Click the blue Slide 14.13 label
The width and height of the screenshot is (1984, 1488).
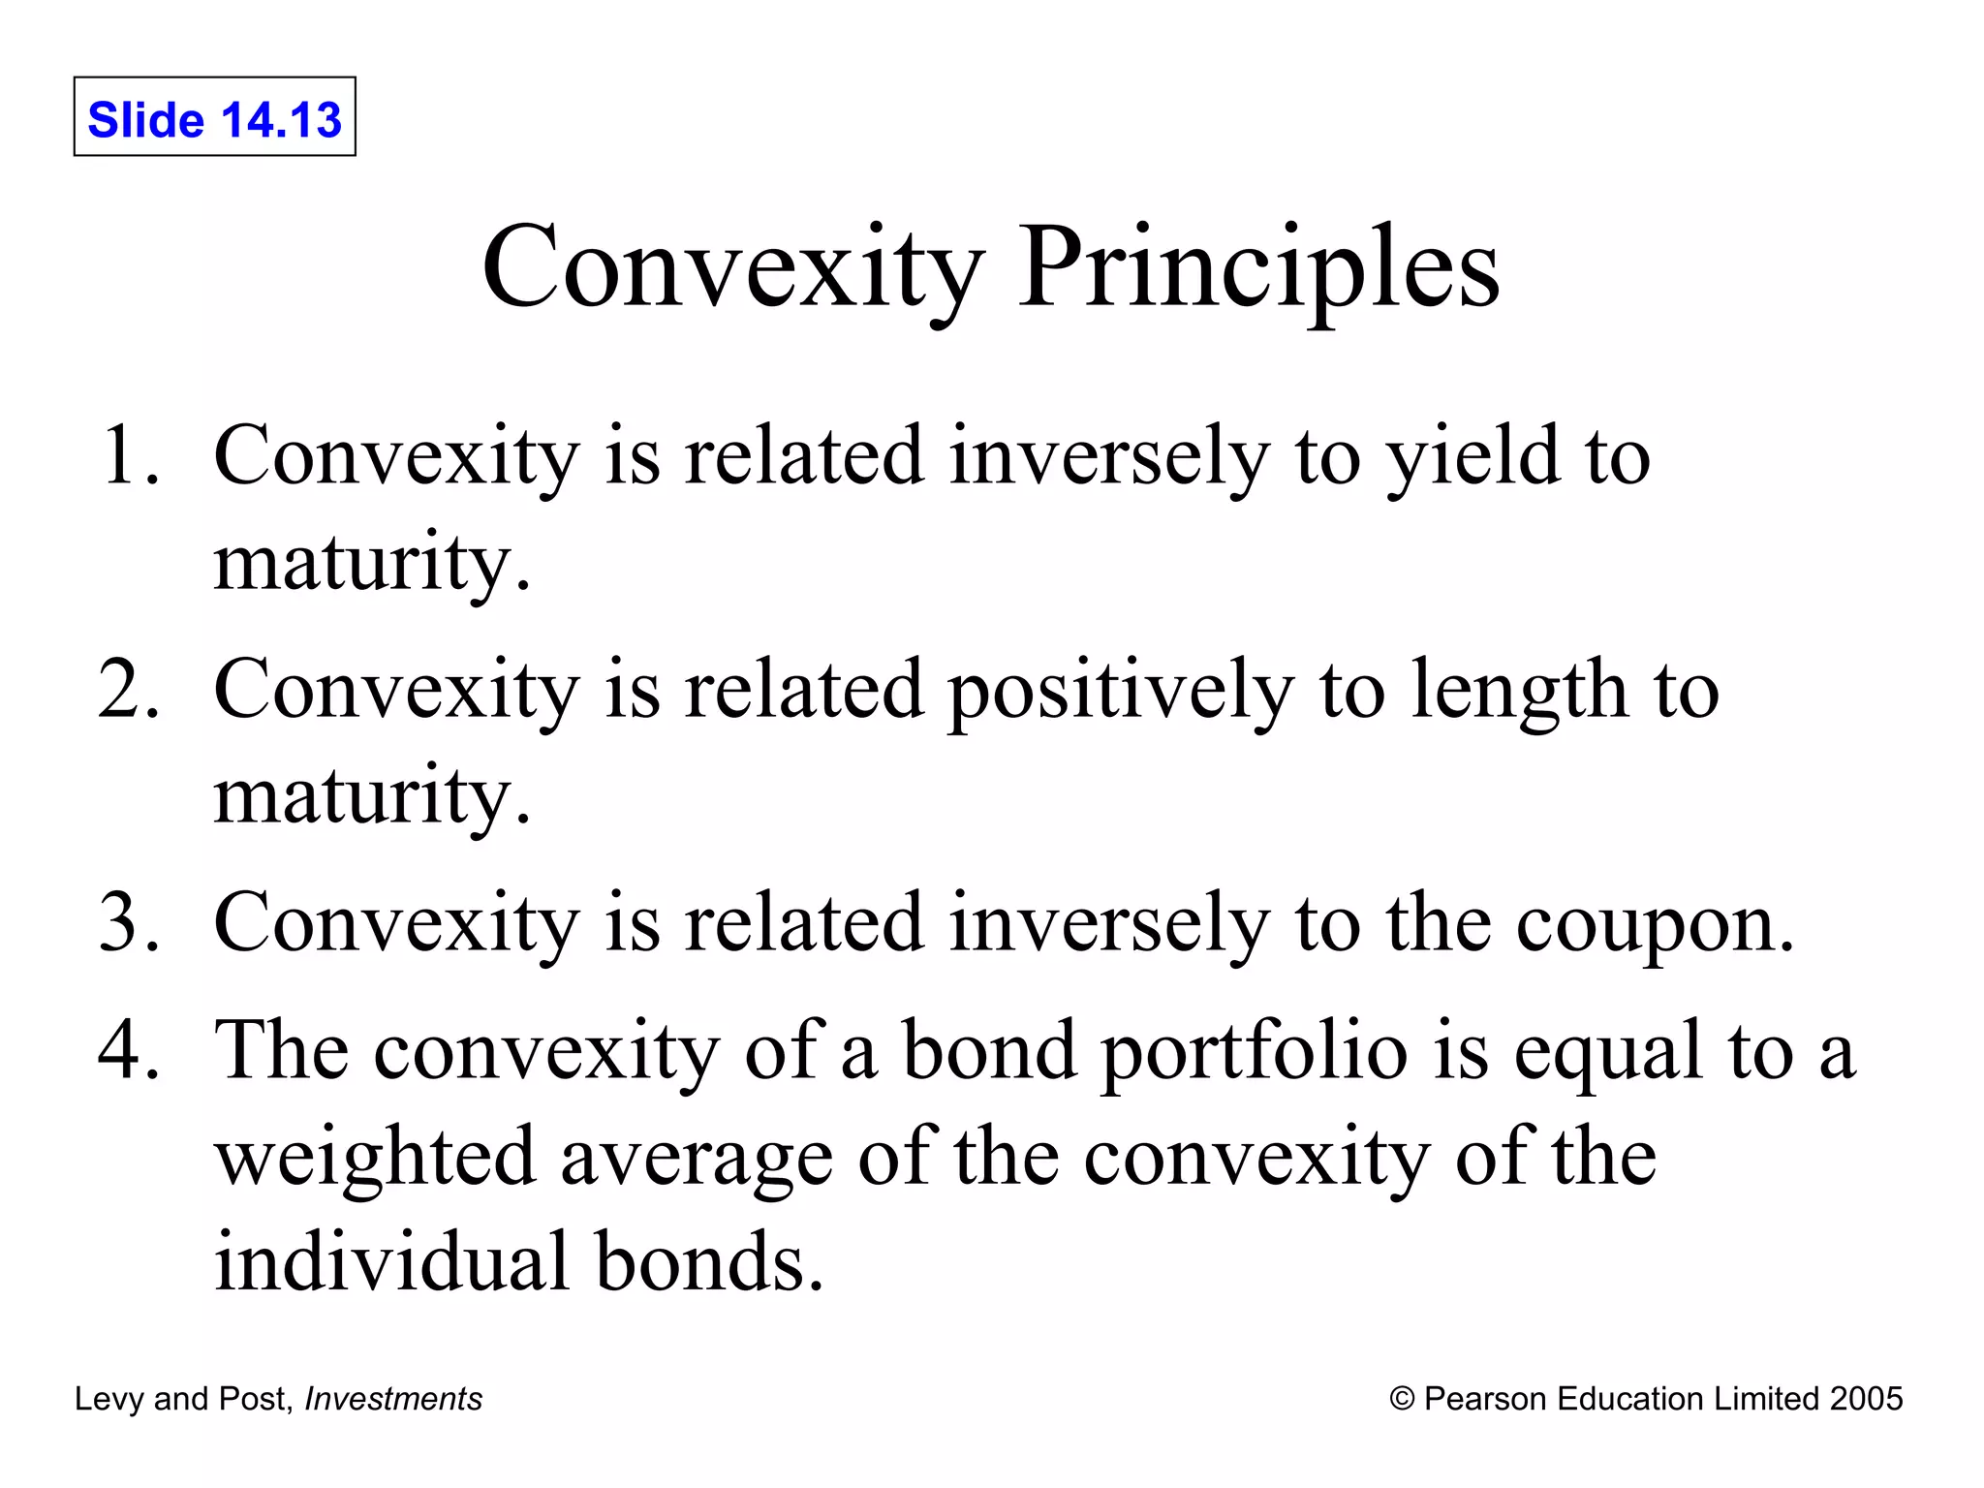tap(214, 120)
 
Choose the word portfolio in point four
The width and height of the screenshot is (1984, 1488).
tap(1255, 1052)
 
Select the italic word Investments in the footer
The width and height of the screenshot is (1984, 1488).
tap(393, 1399)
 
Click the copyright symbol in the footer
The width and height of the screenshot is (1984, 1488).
tap(1402, 1399)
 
